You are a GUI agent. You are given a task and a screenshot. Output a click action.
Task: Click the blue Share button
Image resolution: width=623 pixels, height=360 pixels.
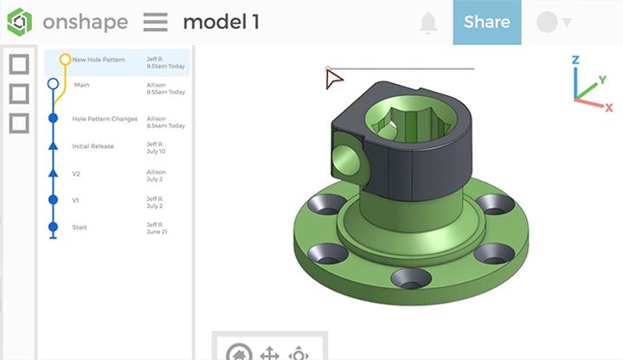tap(486, 22)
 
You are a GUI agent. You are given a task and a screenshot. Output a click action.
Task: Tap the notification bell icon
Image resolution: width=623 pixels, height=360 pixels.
tap(428, 22)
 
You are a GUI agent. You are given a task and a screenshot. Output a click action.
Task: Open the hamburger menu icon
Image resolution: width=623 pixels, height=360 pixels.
tap(156, 22)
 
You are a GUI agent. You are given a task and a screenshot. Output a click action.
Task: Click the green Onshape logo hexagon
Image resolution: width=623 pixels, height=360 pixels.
tap(19, 22)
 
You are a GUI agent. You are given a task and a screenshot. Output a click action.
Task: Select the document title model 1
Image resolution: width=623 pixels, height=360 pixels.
tap(221, 22)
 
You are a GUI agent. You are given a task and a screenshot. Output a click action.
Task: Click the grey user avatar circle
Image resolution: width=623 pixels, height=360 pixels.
tap(547, 22)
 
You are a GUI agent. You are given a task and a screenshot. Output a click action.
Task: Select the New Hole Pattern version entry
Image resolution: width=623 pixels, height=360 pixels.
tap(99, 60)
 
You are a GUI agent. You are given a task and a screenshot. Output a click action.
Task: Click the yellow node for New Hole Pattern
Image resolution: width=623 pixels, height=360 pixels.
tap(65, 60)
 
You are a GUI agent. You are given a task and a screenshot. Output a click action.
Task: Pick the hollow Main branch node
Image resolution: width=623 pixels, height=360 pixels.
tap(54, 85)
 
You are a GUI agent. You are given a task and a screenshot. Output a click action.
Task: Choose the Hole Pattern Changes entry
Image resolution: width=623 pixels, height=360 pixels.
tap(105, 119)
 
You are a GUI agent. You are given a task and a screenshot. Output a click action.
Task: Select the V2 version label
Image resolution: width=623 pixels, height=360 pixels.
tap(76, 173)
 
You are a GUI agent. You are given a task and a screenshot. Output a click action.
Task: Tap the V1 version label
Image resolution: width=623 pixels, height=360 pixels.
tap(75, 200)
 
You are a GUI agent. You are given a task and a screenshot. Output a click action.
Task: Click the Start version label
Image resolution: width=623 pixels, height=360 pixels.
tap(79, 227)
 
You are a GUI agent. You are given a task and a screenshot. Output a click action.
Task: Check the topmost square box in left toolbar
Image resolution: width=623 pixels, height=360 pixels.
tap(19, 64)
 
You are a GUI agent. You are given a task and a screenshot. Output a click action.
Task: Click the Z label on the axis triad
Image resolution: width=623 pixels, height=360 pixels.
tap(575, 61)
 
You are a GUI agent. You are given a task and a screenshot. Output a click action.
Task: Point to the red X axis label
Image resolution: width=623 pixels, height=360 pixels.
tap(609, 106)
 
